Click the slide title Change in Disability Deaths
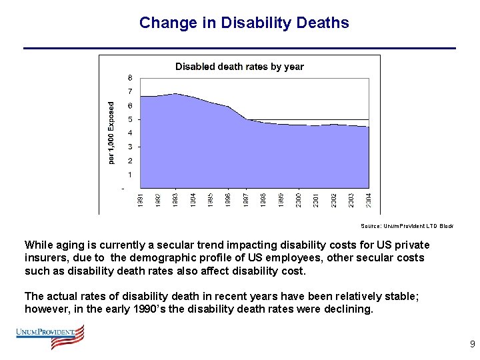point(244,23)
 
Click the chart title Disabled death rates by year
point(239,67)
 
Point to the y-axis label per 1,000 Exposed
point(111,132)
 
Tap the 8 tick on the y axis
point(130,77)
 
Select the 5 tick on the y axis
point(130,119)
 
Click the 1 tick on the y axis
point(130,175)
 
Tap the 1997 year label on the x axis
point(246,199)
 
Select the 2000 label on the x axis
point(299,199)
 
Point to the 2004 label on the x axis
point(369,199)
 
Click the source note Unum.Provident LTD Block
point(407,226)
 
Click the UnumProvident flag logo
point(51,337)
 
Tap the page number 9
point(472,345)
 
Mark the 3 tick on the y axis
point(130,147)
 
